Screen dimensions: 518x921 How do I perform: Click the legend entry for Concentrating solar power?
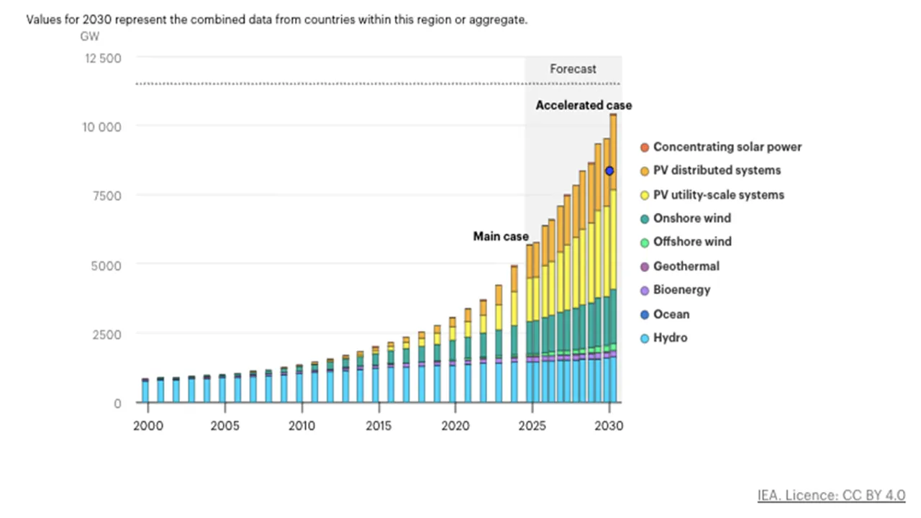pos(727,147)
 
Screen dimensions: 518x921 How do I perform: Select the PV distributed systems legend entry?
pos(717,171)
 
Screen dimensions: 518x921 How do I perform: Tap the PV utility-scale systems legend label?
pos(718,195)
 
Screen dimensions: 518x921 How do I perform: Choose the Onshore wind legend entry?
pos(691,219)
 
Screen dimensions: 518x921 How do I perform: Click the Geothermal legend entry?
pos(686,266)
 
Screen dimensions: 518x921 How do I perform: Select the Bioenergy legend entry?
pos(681,290)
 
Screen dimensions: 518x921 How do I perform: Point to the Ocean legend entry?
pos(671,314)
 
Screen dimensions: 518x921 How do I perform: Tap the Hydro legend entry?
pos(670,338)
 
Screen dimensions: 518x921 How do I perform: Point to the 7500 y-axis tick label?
pos(106,196)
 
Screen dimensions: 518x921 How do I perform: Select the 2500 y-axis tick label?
pos(106,334)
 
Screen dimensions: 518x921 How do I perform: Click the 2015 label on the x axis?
pos(378,425)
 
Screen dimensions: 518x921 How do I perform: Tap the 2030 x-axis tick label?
pos(609,425)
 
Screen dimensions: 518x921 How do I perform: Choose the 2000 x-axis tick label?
pos(148,425)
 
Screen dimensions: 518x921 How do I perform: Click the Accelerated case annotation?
pos(584,106)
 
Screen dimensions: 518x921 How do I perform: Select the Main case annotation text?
pos(500,236)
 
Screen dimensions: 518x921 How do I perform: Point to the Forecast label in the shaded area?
pos(573,69)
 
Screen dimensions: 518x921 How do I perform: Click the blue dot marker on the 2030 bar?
pos(609,171)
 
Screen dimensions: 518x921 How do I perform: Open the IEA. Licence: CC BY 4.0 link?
pos(831,495)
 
